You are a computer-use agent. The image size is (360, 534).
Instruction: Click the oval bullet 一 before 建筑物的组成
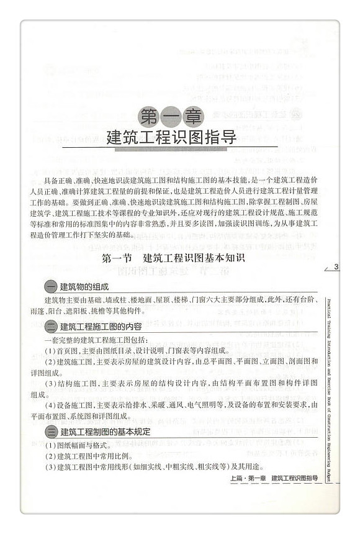click(x=51, y=287)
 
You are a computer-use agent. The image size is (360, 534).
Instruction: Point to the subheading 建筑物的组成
click(x=84, y=287)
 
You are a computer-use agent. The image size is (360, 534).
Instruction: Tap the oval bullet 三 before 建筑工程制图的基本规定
click(x=51, y=432)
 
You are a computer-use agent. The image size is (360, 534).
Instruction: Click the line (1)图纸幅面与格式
click(x=79, y=445)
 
